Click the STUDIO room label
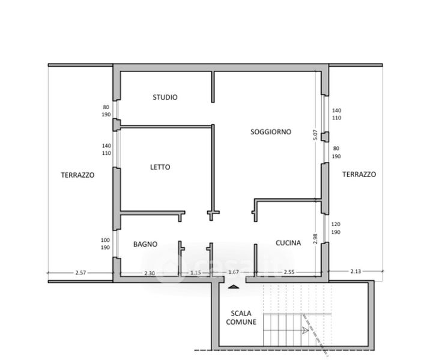pyautogui.click(x=165, y=97)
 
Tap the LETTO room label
pyautogui.click(x=160, y=167)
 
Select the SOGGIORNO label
pyautogui.click(x=271, y=131)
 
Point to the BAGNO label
pyautogui.click(x=145, y=244)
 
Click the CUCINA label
pyautogui.click(x=288, y=243)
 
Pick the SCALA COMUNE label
pyautogui.click(x=241, y=317)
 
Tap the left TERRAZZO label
pyautogui.click(x=77, y=175)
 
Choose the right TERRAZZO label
pyautogui.click(x=359, y=175)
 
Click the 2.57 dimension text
pyautogui.click(x=80, y=273)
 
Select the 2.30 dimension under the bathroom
pyautogui.click(x=150, y=274)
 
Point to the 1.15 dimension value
pyautogui.click(x=195, y=273)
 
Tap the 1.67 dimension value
pyautogui.click(x=233, y=272)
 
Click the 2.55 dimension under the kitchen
pyautogui.click(x=289, y=272)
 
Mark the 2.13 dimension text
pyautogui.click(x=356, y=271)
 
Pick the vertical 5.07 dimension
pyautogui.click(x=315, y=135)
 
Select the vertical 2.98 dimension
pyautogui.click(x=315, y=239)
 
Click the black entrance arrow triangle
pyautogui.click(x=234, y=287)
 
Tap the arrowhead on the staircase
pyautogui.click(x=305, y=330)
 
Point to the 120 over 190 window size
pyautogui.click(x=336, y=228)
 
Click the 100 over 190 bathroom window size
pyautogui.click(x=105, y=244)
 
